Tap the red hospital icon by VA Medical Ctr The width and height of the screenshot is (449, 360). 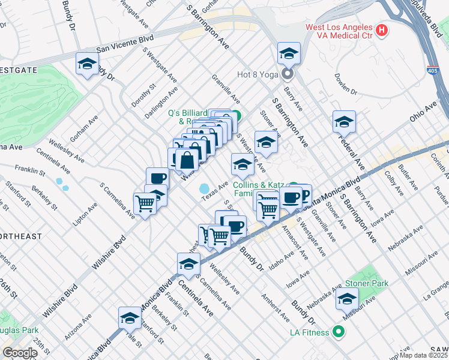tap(381, 29)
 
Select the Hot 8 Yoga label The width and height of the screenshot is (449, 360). tap(259, 75)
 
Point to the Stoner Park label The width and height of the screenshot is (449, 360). tap(366, 283)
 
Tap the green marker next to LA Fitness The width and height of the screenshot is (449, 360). tap(339, 332)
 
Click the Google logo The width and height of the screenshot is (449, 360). tap(20, 353)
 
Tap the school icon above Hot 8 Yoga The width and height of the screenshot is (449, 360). tap(289, 53)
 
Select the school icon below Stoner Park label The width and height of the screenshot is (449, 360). tap(347, 298)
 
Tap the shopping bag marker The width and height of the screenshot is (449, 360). tap(187, 160)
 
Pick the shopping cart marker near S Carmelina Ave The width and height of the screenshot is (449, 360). tap(145, 203)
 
